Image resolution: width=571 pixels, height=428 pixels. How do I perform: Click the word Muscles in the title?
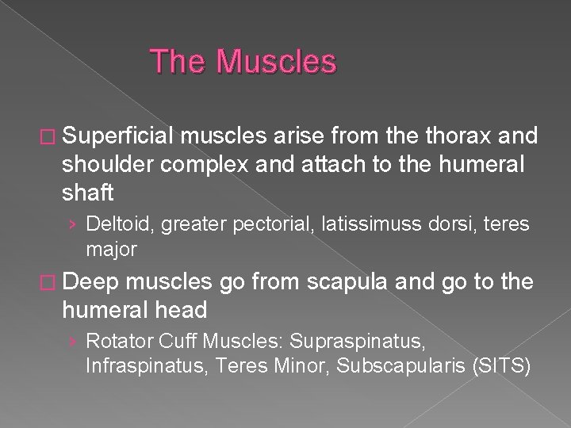tap(276, 62)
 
